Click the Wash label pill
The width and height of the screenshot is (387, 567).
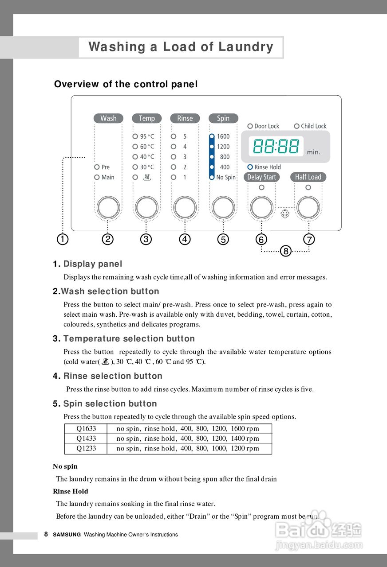point(108,118)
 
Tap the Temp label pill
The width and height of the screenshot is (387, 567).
point(146,118)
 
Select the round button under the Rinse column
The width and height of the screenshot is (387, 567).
point(185,207)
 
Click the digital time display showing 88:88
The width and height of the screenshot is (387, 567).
point(276,146)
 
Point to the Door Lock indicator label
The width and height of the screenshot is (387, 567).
point(266,126)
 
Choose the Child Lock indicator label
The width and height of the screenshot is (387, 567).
point(313,126)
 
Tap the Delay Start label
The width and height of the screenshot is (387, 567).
point(261,177)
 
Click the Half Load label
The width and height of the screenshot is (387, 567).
point(308,177)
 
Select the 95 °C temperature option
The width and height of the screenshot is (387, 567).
point(147,137)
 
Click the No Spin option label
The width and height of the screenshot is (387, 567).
point(226,178)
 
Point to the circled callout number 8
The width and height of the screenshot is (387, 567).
point(285,251)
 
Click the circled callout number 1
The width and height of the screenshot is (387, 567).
point(63,239)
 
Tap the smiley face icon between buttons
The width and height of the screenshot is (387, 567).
point(285,214)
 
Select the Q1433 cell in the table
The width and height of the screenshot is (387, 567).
point(86,439)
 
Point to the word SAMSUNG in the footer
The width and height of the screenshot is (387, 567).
point(67,535)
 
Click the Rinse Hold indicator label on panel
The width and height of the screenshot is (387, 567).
point(267,167)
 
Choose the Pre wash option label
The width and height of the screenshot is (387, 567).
point(105,167)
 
